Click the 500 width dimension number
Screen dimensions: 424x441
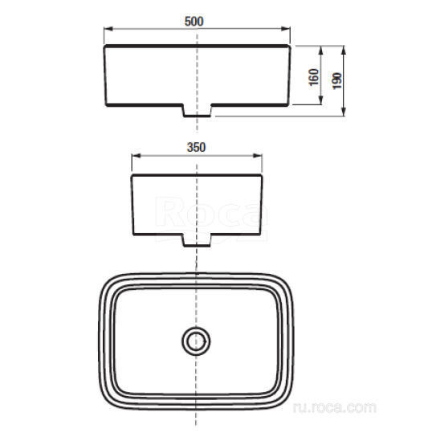pyautogui.click(x=194, y=22)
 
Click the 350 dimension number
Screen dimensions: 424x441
pyautogui.click(x=196, y=147)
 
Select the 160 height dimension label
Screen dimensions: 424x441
pyautogui.click(x=314, y=77)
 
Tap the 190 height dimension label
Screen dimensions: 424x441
pyautogui.click(x=337, y=81)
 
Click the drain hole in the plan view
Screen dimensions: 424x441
pyautogui.click(x=196, y=341)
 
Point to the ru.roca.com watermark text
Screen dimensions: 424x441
pyautogui.click(x=335, y=407)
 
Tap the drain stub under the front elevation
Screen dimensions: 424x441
pyautogui.click(x=197, y=110)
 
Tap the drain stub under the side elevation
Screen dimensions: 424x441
pyautogui.click(x=197, y=240)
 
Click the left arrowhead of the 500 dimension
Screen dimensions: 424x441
pyautogui.click(x=108, y=28)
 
